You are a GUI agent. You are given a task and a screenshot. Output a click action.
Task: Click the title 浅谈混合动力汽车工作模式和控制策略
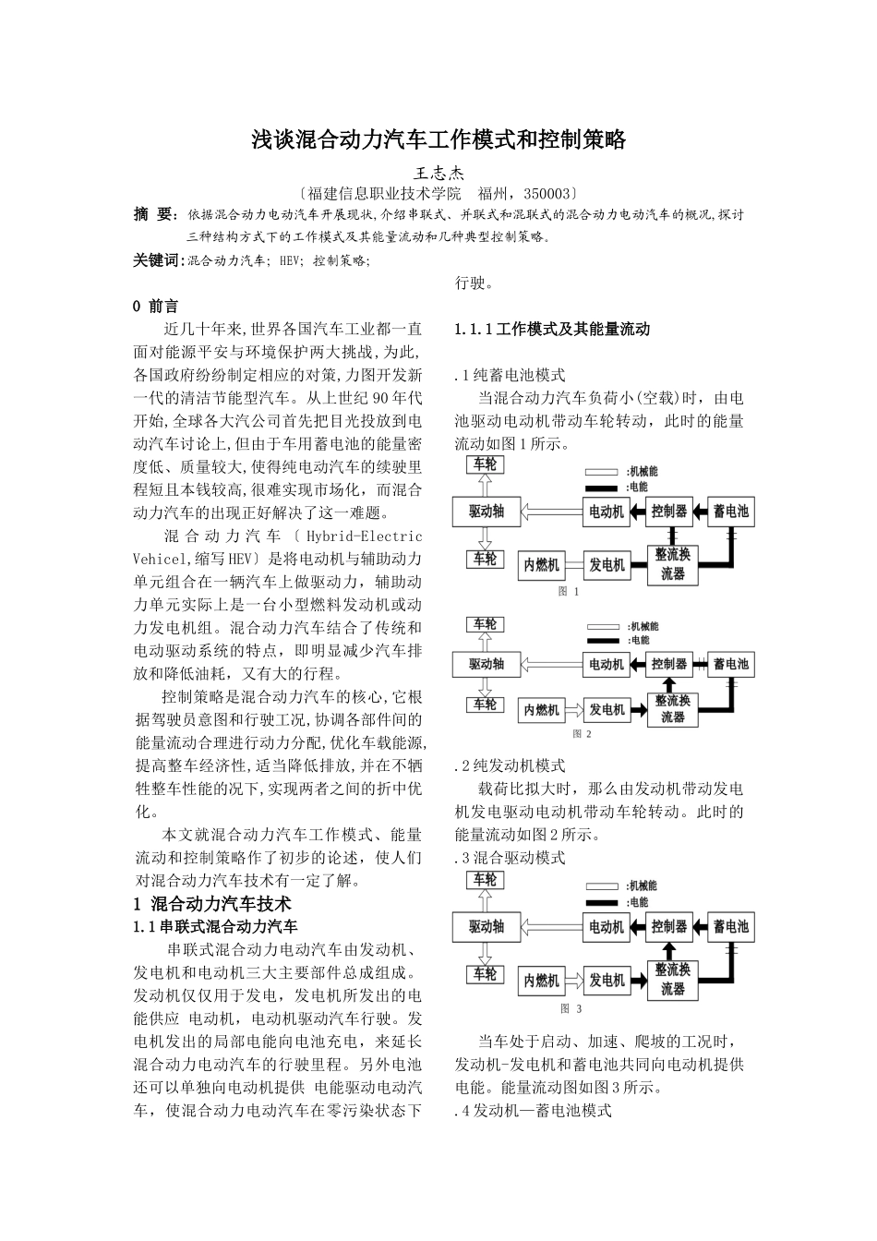439,140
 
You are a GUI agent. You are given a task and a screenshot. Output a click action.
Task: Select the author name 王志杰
438,173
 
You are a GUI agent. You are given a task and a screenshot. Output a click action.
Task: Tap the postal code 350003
547,194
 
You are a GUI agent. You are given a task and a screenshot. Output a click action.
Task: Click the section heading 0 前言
156,306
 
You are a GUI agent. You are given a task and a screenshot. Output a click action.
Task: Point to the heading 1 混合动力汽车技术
212,903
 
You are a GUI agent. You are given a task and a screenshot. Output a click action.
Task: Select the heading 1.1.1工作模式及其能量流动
552,329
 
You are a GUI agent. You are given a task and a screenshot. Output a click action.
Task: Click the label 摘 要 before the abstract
154,215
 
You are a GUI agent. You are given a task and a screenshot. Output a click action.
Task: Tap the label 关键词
158,261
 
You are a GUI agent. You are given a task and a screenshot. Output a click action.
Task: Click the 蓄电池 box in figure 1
730,511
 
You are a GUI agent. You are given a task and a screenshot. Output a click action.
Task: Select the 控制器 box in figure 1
668,511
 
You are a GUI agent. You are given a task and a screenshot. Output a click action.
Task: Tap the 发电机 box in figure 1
607,565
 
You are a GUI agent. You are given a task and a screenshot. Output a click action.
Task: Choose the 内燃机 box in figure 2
541,710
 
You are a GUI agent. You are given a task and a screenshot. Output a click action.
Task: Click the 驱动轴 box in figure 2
486,664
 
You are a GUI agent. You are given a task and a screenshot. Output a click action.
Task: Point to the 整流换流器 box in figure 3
672,980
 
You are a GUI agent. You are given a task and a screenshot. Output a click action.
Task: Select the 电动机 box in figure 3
607,926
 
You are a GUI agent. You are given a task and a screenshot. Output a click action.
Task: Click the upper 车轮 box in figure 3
485,880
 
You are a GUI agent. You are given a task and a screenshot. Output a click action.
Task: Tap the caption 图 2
582,734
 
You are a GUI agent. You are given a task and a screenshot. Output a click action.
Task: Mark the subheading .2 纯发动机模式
510,765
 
